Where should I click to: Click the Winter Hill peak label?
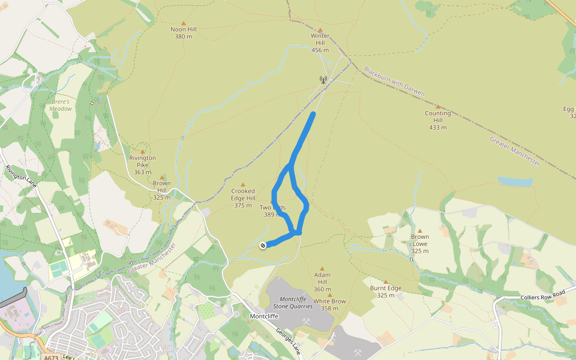[320, 43]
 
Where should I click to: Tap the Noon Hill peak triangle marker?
[184, 23]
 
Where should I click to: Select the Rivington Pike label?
[142, 165]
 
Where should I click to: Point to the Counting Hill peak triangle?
[437, 106]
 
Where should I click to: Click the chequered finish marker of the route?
[263, 245]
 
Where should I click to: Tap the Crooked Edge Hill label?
[243, 198]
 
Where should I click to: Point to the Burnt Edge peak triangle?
[386, 282]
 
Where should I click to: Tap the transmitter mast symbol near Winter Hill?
[323, 80]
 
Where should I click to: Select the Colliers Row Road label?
[543, 294]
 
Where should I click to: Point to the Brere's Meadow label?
[61, 106]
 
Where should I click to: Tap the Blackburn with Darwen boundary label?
[394, 81]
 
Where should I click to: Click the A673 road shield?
[51, 358]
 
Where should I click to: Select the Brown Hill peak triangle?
[161, 177]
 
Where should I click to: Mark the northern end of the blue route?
[313, 113]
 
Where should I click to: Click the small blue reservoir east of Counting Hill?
[514, 181]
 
